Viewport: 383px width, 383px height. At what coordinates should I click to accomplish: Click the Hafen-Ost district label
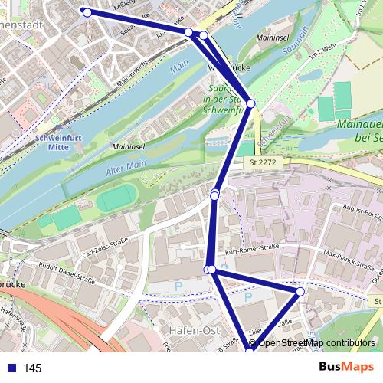[x=192, y=330]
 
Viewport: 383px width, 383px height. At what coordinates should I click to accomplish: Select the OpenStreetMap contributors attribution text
[x=316, y=343]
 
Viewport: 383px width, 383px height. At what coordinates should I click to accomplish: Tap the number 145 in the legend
[x=33, y=368]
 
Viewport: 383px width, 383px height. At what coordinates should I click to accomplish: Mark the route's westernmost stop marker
[x=87, y=12]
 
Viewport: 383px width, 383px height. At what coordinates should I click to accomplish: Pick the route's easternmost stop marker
[x=300, y=292]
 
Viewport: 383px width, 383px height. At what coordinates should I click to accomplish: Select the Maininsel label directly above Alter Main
[x=129, y=146]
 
